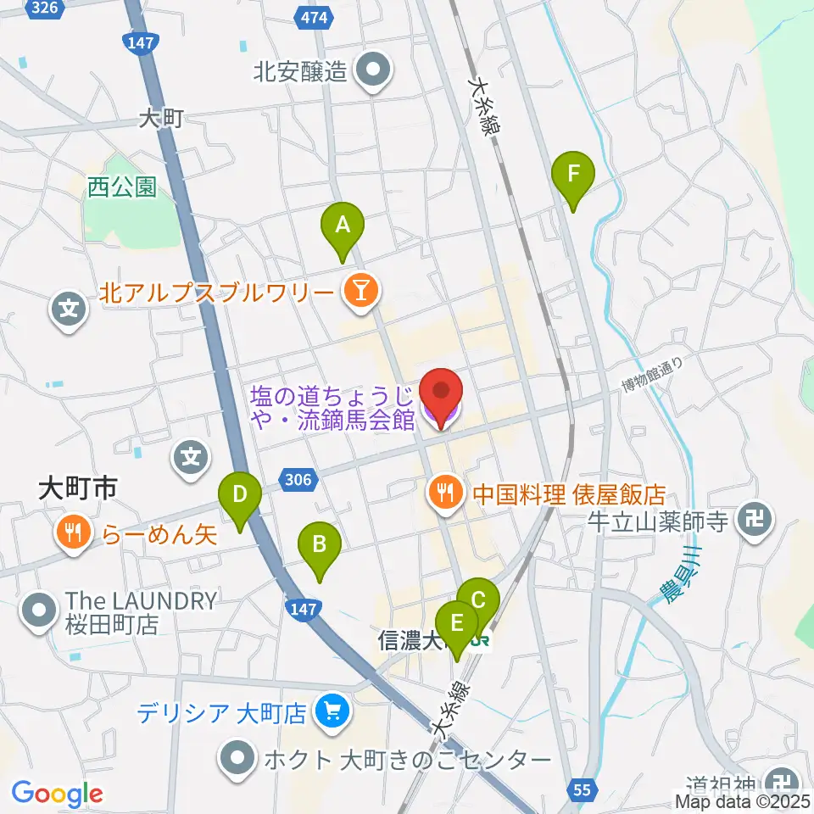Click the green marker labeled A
tap(342, 226)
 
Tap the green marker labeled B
tap(319, 544)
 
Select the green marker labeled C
tap(478, 601)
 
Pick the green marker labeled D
tap(240, 494)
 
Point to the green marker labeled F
tap(573, 176)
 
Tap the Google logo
tap(57, 794)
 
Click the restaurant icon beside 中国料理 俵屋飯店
tap(445, 492)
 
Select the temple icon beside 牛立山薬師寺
tap(755, 517)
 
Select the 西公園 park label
tap(122, 187)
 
